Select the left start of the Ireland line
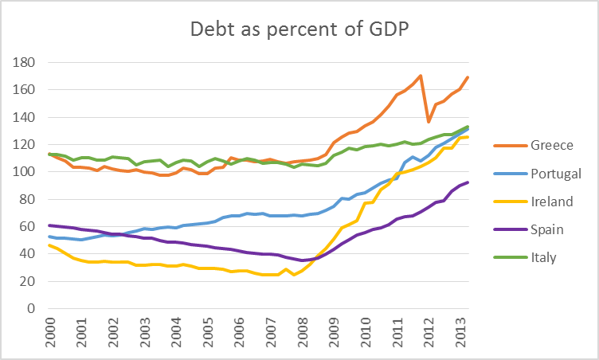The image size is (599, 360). click(49, 245)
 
